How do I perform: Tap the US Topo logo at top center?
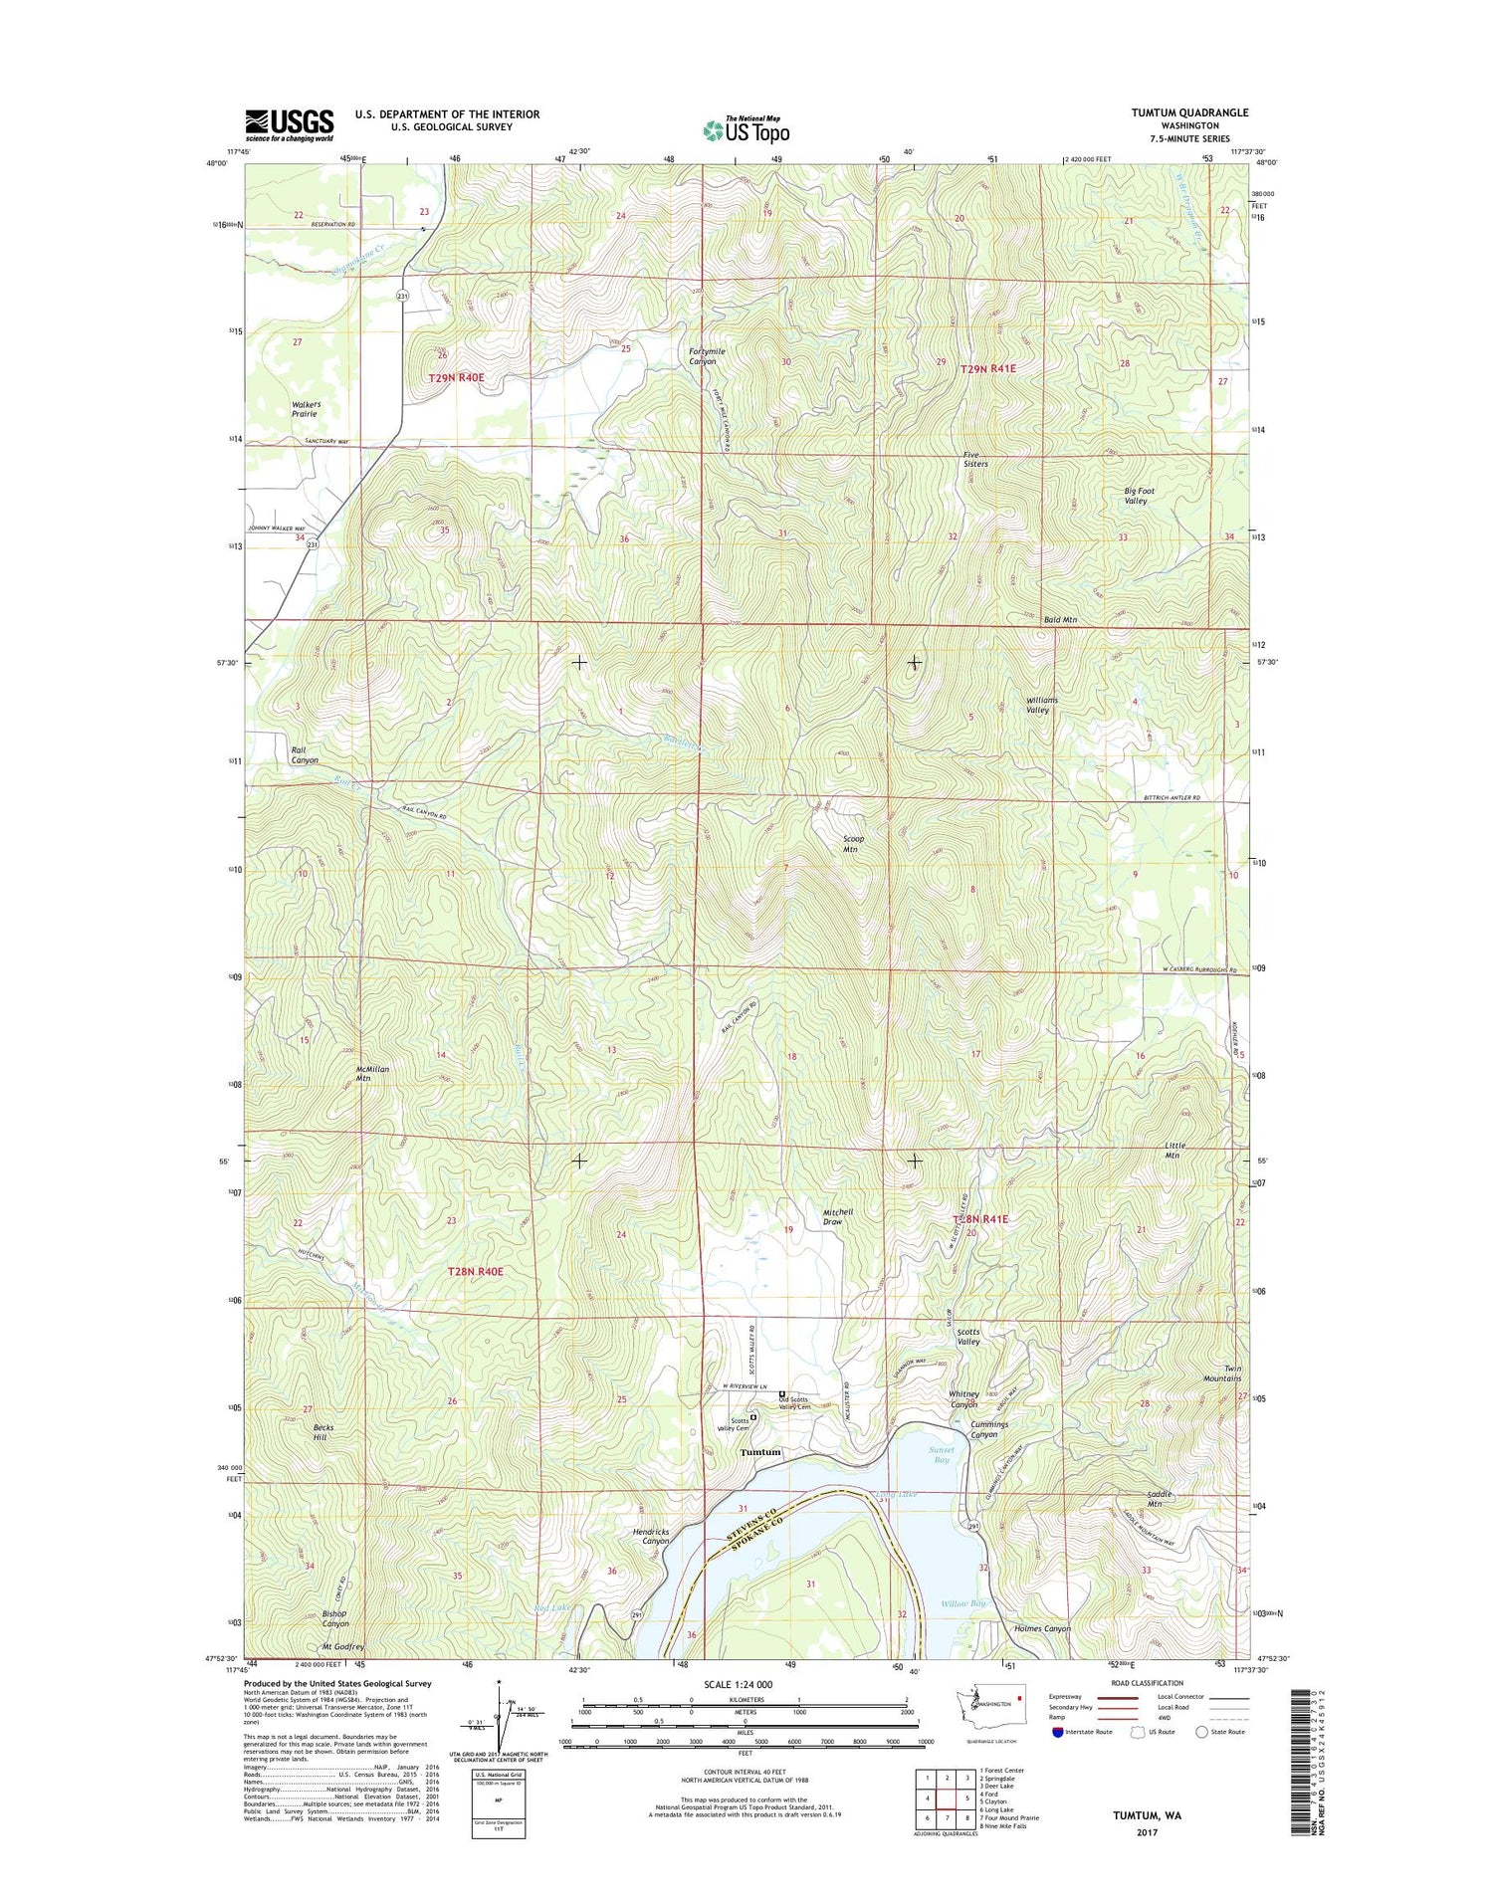click(746, 130)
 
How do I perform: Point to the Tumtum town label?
click(760, 1452)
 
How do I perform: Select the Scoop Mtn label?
click(853, 844)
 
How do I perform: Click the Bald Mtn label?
click(1060, 620)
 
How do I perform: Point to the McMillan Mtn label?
click(372, 1073)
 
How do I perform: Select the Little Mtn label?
click(1174, 1150)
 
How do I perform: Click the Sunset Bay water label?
click(942, 1454)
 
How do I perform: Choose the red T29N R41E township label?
click(987, 369)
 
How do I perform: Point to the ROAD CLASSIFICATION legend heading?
click(1142, 1683)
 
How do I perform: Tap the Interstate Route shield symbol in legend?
click(1057, 1732)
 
